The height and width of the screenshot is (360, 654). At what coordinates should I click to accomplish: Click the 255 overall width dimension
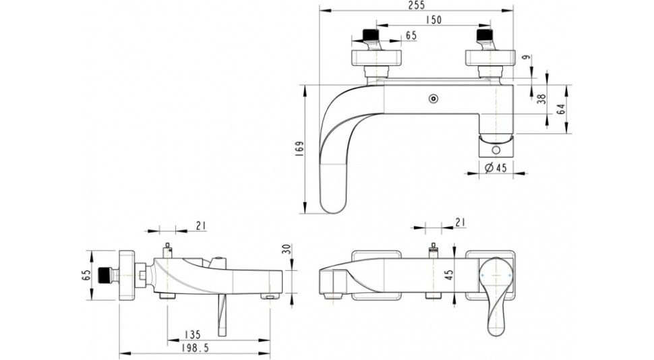coord(417,5)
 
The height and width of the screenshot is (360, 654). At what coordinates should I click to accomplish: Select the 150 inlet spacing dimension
coord(434,20)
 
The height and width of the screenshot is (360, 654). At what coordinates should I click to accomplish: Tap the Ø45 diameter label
coord(496,167)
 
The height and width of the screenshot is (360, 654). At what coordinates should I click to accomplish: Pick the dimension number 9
coord(529,58)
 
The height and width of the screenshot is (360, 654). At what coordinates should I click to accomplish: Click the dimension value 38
coord(541,99)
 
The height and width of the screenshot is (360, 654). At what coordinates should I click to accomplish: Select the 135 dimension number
coord(192,334)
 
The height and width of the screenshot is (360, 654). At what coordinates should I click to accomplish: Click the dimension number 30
coord(286,249)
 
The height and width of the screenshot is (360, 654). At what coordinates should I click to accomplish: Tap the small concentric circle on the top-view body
coord(434,99)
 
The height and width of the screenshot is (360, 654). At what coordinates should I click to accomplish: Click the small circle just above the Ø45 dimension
coord(496,150)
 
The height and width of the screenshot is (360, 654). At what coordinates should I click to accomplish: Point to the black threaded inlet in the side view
coord(106,275)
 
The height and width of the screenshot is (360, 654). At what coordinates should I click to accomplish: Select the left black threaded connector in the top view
coord(370,34)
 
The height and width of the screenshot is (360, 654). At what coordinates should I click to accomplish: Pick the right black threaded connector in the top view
coord(484,34)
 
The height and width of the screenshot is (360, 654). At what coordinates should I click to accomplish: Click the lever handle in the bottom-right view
coord(496,295)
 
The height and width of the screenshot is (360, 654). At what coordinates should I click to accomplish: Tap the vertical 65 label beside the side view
coord(86,275)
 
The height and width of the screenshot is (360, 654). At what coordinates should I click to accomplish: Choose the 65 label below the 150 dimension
coord(411,36)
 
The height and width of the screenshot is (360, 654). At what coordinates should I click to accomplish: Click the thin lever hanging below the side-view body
coord(221,316)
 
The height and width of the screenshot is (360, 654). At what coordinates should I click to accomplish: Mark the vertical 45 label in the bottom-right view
coord(449,275)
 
